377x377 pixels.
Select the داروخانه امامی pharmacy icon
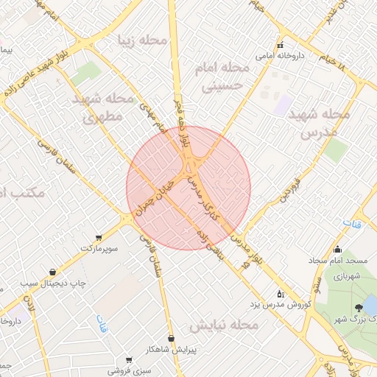point(279,45)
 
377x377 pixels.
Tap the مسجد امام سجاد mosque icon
point(338,249)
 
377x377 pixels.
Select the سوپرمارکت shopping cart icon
point(99,238)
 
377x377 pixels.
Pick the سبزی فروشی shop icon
point(129,360)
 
